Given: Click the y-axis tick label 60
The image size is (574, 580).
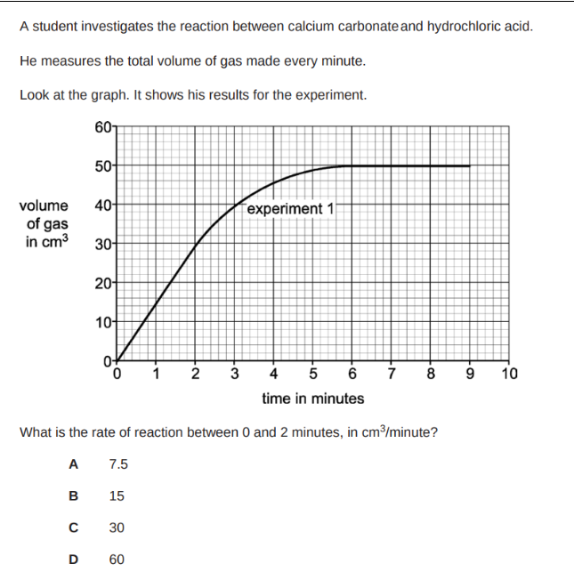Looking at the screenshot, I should pos(102,125).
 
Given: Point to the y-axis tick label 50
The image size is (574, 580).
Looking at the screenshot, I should pos(102,165).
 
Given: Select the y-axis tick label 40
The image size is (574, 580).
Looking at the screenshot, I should pos(102,205).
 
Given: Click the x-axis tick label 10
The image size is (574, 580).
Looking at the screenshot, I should pos(510,373).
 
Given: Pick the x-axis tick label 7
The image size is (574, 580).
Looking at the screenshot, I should pos(392,373).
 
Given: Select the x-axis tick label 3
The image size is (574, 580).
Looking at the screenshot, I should pos(235,373).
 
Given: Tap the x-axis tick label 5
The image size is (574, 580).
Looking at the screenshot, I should pos(313,373).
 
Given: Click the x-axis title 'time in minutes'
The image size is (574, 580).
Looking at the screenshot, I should pos(313,398).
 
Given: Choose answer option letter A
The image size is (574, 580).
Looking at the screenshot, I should pos(74,463).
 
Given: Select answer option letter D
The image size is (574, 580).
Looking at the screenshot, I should pos(74,560).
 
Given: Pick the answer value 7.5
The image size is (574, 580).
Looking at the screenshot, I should pos(118,463).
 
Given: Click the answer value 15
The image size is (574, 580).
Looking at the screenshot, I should pos(117,495).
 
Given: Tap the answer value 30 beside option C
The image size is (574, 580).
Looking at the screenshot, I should pos(117,528).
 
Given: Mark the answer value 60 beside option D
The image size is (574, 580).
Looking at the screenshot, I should pos(117,560).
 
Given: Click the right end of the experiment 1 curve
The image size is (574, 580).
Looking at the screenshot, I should pos(470,165).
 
